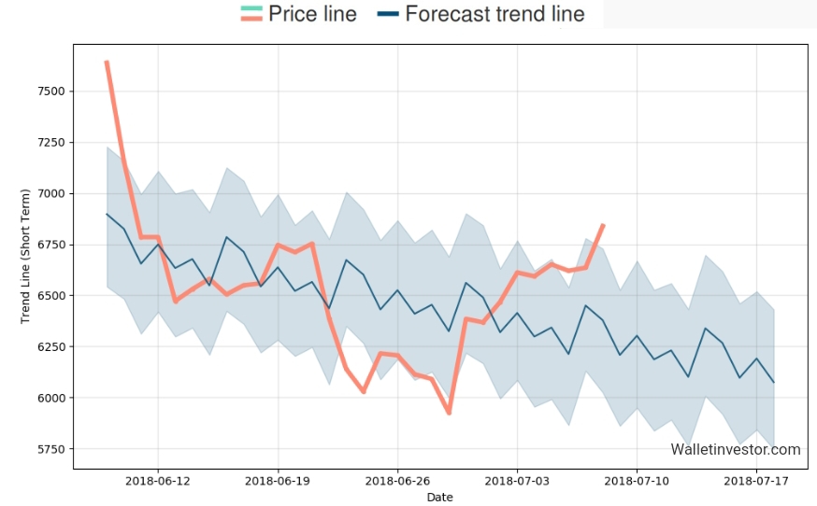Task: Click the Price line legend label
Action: (x=312, y=14)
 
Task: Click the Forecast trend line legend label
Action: (x=494, y=14)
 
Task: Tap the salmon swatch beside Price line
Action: (x=252, y=14)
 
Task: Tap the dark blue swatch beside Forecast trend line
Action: (x=388, y=14)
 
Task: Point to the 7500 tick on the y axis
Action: (x=51, y=91)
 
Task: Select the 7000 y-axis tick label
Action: (x=51, y=194)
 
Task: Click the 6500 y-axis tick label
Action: (x=51, y=296)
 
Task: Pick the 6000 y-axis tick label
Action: (x=51, y=399)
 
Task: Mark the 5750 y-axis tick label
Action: (x=51, y=449)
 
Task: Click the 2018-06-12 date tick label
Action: (x=158, y=481)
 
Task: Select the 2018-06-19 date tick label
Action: (x=278, y=481)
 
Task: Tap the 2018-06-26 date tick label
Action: (x=397, y=481)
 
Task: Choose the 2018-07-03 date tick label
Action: (x=517, y=481)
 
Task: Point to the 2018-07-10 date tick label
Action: (x=637, y=481)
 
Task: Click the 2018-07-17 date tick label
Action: (x=756, y=481)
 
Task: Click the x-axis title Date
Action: (x=439, y=498)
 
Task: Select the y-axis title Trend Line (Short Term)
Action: (x=25, y=256)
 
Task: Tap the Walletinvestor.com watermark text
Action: (x=735, y=450)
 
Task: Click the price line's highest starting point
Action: (x=107, y=62)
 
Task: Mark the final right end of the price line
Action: (x=603, y=225)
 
